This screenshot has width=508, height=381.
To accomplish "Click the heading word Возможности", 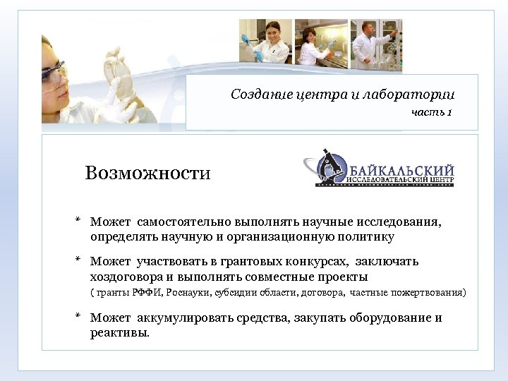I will [x=147, y=173].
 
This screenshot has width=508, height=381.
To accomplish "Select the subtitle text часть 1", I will [x=431, y=112].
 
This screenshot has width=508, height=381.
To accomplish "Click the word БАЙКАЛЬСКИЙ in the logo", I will [x=401, y=169].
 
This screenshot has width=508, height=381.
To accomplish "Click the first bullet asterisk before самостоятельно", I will [x=78, y=223].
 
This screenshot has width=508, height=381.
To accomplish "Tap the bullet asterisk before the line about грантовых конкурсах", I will [x=78, y=261].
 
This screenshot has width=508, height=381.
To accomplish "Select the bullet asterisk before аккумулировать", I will [x=78, y=317].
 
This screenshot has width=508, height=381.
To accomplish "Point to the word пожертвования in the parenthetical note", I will [x=432, y=292].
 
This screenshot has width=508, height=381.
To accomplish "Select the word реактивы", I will [x=119, y=332].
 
